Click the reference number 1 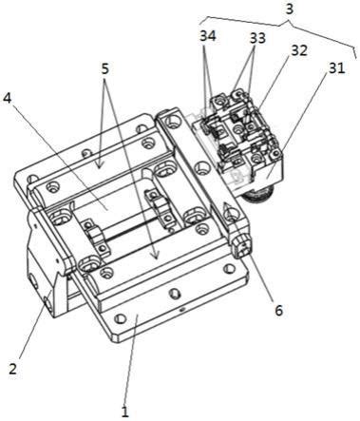click(x=125, y=411)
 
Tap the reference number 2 click(x=12, y=369)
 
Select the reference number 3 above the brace click(x=289, y=9)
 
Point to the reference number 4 click(x=7, y=99)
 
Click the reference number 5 click(x=104, y=68)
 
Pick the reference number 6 click(x=278, y=311)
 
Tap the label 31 click(x=336, y=68)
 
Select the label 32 click(x=299, y=50)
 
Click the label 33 click(x=257, y=38)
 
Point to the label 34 click(x=207, y=36)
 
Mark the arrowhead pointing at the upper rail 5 click(x=100, y=165)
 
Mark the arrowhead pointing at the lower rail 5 click(x=155, y=255)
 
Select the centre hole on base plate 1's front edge click(x=174, y=295)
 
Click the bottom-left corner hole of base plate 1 click(x=120, y=318)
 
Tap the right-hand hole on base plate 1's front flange click(x=229, y=269)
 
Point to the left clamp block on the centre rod click(x=95, y=238)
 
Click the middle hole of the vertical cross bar click(x=201, y=168)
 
